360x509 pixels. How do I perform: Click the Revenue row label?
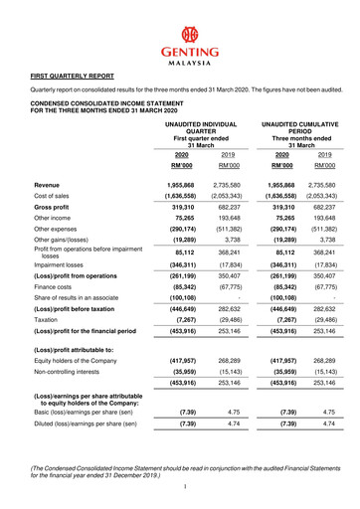(x=47, y=185)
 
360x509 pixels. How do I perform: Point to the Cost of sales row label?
(x=54, y=198)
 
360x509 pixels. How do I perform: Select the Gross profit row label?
(x=53, y=211)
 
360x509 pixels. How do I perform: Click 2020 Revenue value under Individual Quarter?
(x=182, y=185)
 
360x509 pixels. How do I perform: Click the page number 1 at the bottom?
(x=185, y=485)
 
